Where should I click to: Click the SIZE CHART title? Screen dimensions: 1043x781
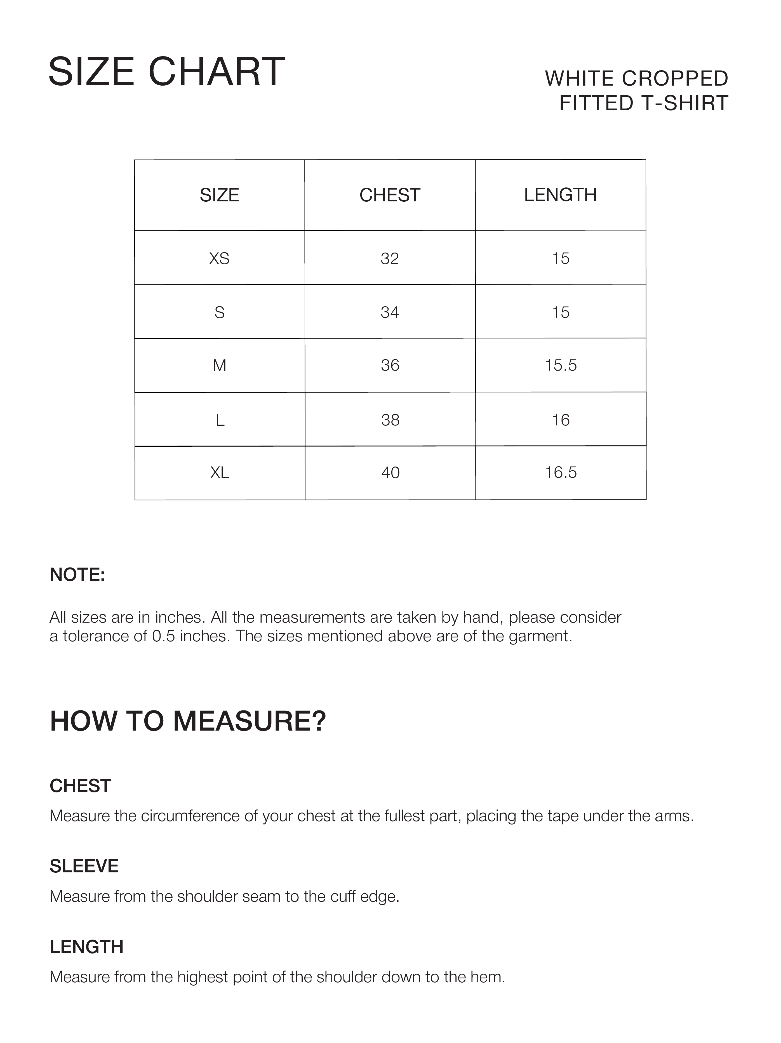[x=166, y=72]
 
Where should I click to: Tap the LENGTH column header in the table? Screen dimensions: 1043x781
[x=560, y=195]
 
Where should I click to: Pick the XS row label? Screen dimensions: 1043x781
[x=219, y=258]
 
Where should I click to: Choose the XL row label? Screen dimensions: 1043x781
[x=220, y=472]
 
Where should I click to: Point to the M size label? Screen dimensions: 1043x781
[x=220, y=365]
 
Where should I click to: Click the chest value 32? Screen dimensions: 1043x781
[x=390, y=258]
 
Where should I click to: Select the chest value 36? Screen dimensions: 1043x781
[x=390, y=365]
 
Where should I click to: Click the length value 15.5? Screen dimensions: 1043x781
[x=561, y=365]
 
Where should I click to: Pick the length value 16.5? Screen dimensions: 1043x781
[x=561, y=472]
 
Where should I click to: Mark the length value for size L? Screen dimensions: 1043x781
[x=561, y=420]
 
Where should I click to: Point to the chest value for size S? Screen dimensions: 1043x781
[x=390, y=312]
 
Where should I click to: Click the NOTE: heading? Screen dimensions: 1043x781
[x=77, y=575]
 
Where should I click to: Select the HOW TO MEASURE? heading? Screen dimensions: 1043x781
[x=188, y=721]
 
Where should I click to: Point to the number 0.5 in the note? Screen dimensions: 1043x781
[x=163, y=636]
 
